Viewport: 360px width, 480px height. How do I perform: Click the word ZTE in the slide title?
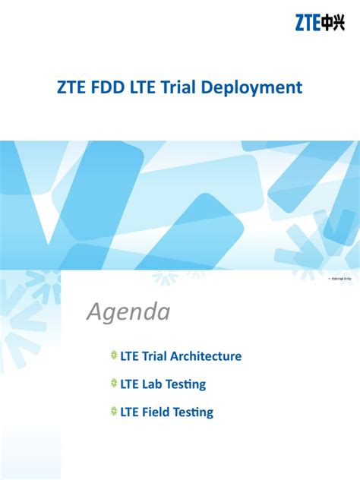click(x=72, y=87)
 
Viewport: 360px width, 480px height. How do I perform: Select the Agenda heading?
click(x=127, y=311)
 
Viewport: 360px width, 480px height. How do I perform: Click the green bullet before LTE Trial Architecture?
click(x=114, y=355)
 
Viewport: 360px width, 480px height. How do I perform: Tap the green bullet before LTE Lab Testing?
click(x=114, y=384)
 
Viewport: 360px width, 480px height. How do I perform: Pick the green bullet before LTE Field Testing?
click(x=114, y=412)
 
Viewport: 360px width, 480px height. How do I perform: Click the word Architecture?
click(x=206, y=355)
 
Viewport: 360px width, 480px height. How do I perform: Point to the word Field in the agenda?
click(x=158, y=412)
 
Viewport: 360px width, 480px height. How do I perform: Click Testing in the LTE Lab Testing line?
click(x=187, y=385)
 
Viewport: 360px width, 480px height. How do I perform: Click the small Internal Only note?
click(x=342, y=279)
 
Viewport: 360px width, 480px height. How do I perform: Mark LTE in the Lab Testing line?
click(x=130, y=384)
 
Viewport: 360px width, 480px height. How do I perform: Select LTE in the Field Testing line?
click(x=130, y=412)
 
